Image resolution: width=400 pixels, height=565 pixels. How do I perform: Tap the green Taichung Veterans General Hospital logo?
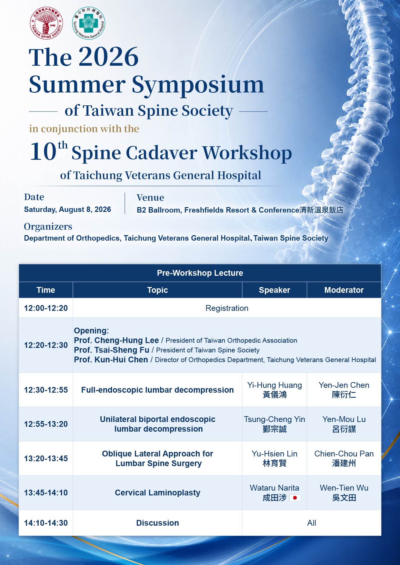[x=88, y=23]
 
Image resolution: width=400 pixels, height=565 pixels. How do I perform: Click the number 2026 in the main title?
[x=108, y=57]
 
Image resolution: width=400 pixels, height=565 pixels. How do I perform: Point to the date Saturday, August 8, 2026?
[x=67, y=209]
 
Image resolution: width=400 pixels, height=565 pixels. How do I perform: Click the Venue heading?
[x=150, y=197]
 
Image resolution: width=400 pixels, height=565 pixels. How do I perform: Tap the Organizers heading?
[x=48, y=227]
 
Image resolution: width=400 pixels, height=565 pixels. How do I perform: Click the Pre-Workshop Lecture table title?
[x=200, y=273]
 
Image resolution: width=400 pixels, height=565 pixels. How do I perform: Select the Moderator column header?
[x=344, y=290]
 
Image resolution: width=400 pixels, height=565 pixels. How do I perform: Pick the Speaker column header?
[x=275, y=290]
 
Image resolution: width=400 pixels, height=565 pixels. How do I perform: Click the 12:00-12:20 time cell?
[x=46, y=308]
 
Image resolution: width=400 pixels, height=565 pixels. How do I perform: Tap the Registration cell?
[x=227, y=308]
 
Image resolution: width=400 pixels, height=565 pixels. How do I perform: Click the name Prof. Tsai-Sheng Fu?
[x=112, y=350]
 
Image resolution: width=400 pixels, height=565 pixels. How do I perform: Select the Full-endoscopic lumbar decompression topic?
[x=157, y=390]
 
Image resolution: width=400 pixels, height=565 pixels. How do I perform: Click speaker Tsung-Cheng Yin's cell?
[x=275, y=424]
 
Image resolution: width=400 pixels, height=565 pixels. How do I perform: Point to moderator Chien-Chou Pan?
[x=344, y=458]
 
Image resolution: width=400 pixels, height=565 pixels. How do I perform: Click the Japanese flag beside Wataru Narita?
[x=295, y=498]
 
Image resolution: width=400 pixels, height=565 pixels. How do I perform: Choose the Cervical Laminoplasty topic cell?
[x=157, y=493]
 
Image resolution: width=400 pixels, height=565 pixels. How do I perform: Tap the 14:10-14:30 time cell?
[x=46, y=523]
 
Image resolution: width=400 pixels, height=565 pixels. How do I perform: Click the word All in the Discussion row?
[x=312, y=523]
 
